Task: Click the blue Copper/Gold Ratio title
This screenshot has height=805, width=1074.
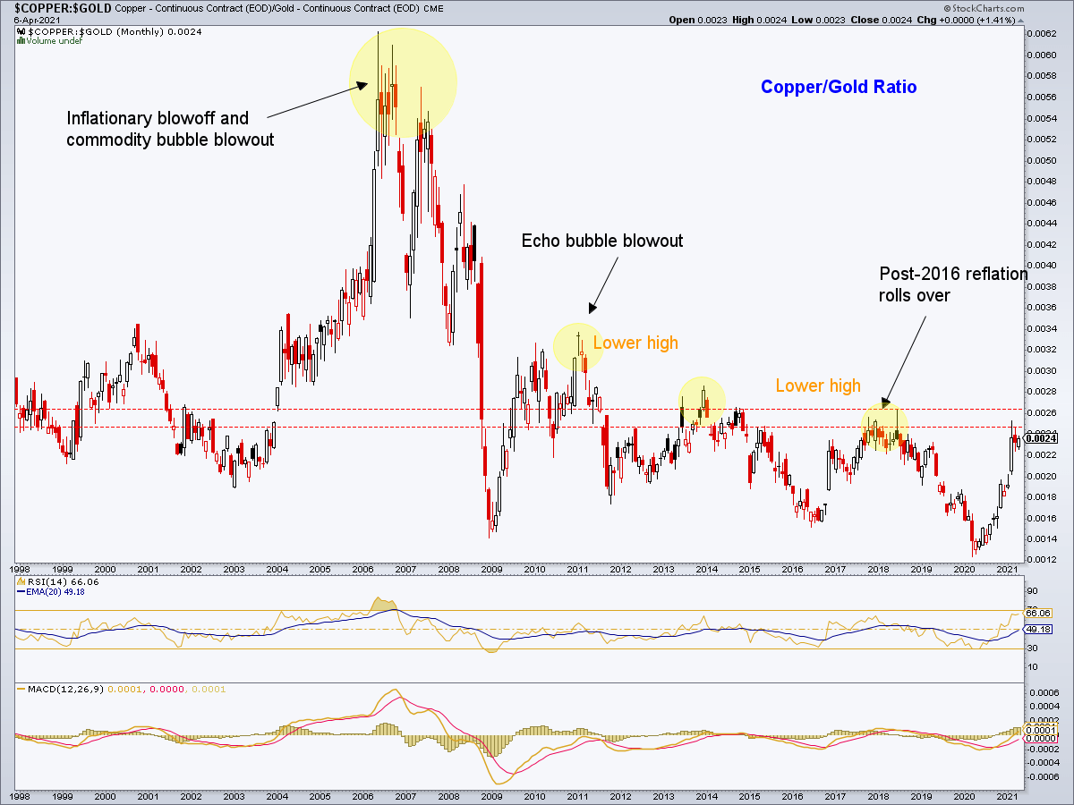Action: point(839,87)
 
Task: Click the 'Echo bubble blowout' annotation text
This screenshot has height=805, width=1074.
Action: point(602,241)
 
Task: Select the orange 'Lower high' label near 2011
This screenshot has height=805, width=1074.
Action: point(635,343)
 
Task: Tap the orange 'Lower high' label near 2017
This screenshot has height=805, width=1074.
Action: point(818,386)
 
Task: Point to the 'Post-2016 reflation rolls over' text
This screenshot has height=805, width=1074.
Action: point(952,284)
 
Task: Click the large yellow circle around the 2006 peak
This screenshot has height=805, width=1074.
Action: point(403,82)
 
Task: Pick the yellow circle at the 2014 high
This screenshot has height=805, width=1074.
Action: point(702,400)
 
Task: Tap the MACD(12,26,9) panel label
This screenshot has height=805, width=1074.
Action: point(54,689)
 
